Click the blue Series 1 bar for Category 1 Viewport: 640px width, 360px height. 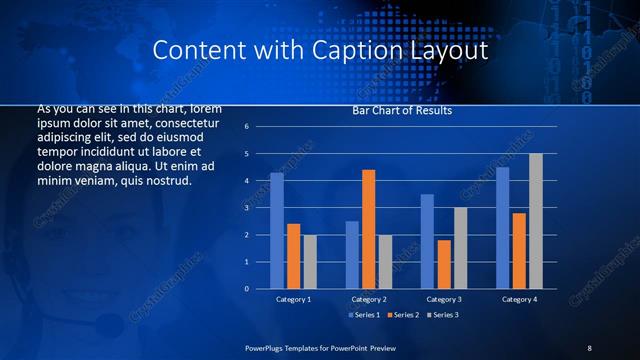pyautogui.click(x=277, y=231)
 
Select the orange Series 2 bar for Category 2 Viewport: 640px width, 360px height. pyautogui.click(x=368, y=229)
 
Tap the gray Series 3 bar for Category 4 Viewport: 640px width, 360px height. pyautogui.click(x=535, y=221)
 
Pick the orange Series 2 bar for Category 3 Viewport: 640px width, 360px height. pyautogui.click(x=444, y=264)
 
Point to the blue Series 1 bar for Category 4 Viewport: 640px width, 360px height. pyautogui.click(x=502, y=228)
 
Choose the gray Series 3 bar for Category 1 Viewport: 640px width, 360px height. pyautogui.click(x=310, y=262)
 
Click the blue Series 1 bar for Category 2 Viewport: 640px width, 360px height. pyautogui.click(x=352, y=255)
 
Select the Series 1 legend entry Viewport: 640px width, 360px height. pyautogui.click(x=364, y=316)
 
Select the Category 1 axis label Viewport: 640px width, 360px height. pyautogui.click(x=293, y=299)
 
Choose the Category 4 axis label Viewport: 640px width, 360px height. pyautogui.click(x=519, y=299)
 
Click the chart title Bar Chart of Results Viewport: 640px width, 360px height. pyautogui.click(x=401, y=111)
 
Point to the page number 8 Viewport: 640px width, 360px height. pyautogui.click(x=589, y=347)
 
